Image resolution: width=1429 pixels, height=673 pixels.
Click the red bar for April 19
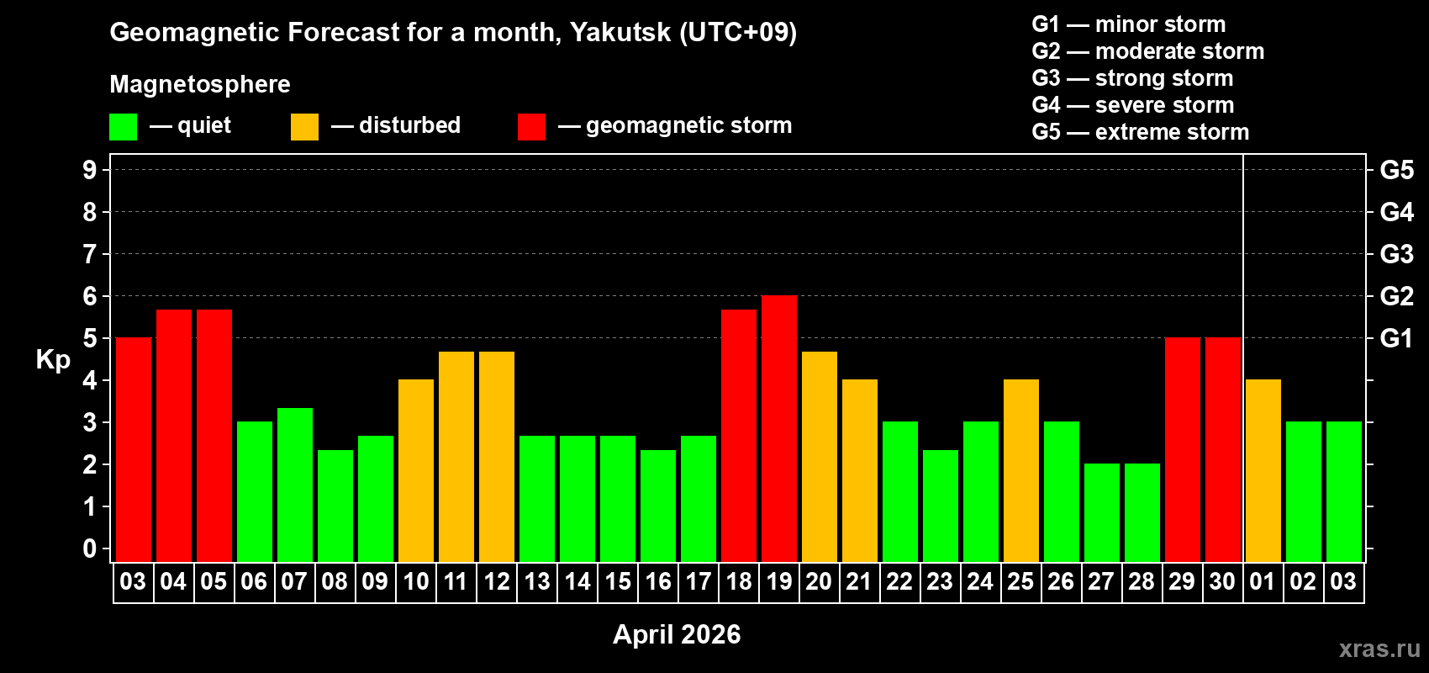pyautogui.click(x=779, y=428)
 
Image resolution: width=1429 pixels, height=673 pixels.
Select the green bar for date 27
pyautogui.click(x=1102, y=512)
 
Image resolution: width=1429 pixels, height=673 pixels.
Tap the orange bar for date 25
pyautogui.click(x=1021, y=470)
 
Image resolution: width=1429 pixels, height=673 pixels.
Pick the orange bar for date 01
pyautogui.click(x=1263, y=470)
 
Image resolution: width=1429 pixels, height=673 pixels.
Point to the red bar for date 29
pyautogui.click(x=1183, y=449)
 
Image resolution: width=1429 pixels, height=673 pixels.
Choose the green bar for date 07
pyautogui.click(x=295, y=485)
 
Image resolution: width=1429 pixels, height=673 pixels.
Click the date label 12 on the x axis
pyautogui.click(x=497, y=581)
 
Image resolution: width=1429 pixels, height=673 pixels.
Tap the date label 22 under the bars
pyautogui.click(x=899, y=581)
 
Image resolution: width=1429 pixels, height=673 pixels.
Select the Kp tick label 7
pyautogui.click(x=90, y=254)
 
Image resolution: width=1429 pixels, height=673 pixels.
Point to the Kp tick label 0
pyautogui.click(x=90, y=548)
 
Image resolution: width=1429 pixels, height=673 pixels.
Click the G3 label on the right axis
pyautogui.click(x=1396, y=254)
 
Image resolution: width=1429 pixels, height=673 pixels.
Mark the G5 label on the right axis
pyautogui.click(x=1396, y=170)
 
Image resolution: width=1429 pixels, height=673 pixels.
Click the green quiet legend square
pyautogui.click(x=123, y=127)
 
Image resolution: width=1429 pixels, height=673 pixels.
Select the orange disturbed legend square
pyautogui.click(x=304, y=127)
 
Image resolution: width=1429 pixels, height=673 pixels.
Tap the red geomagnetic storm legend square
pyautogui.click(x=531, y=127)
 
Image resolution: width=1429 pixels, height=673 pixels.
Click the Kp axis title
pyautogui.click(x=53, y=359)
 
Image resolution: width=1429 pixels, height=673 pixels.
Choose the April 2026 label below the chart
pyautogui.click(x=677, y=634)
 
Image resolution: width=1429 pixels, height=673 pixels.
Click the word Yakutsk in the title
pyautogui.click(x=620, y=32)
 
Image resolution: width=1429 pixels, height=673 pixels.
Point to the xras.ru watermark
pyautogui.click(x=1379, y=649)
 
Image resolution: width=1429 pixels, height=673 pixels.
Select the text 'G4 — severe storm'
pyautogui.click(x=1132, y=105)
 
